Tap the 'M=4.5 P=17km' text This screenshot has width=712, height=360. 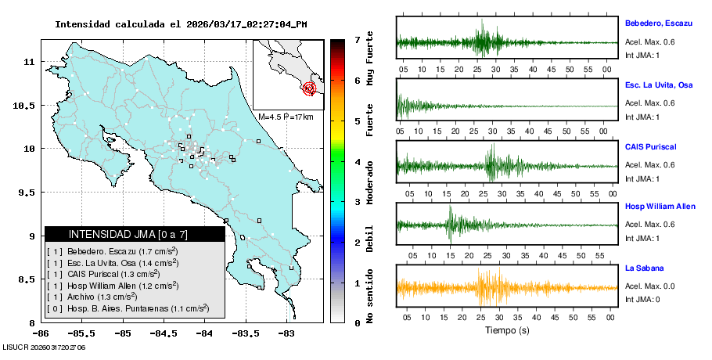pos(286,117)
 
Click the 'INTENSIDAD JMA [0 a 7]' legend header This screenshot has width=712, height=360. pos(128,234)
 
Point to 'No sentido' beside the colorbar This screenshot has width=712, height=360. pos(370,298)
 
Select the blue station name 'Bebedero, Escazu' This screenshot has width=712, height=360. pos(658,23)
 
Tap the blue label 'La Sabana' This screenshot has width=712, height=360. pos(645,268)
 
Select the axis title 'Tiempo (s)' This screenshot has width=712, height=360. pos(506,331)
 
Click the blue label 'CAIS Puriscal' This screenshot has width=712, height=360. pos(651,146)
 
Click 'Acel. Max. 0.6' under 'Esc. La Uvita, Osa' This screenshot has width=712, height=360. pos(649,103)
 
